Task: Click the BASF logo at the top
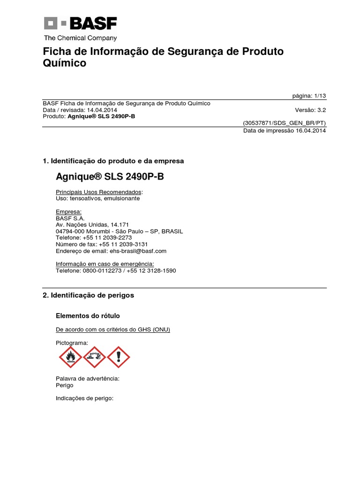[80, 24]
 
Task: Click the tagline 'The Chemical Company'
[80, 38]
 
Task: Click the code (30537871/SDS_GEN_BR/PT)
[284, 123]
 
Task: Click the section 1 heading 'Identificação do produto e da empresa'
[117, 161]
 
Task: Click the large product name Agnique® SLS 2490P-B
[110, 177]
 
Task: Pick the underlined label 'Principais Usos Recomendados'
[98, 192]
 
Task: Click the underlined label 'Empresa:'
[68, 211]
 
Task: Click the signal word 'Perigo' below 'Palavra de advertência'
[64, 385]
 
